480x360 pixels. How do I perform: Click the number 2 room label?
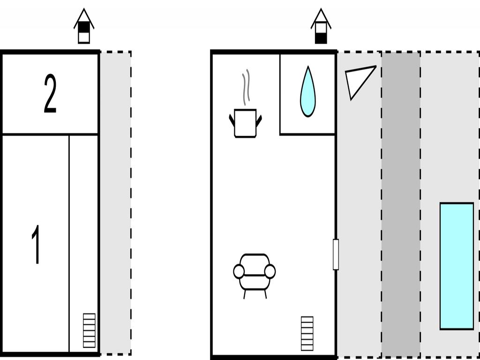click(50, 94)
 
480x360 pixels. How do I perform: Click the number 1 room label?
click(36, 244)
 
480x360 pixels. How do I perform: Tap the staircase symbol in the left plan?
click(89, 330)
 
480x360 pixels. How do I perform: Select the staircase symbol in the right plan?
click(307, 333)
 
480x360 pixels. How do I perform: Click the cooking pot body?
click(245, 123)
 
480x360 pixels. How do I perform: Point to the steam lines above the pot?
click(246, 87)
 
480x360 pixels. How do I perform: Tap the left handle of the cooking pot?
click(232, 120)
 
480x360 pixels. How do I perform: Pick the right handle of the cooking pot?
click(259, 120)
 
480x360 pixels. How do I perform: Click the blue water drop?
click(307, 93)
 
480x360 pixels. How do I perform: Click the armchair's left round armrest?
click(239, 271)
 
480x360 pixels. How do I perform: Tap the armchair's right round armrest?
click(270, 271)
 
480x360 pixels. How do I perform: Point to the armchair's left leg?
click(244, 294)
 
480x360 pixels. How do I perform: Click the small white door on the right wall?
click(336, 255)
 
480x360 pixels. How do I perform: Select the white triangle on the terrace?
click(357, 79)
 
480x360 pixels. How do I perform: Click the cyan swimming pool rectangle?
click(457, 266)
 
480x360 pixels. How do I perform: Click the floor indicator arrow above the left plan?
click(84, 27)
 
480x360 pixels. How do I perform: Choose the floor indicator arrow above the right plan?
click(321, 27)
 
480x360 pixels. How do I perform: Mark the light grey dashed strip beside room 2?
click(115, 94)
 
